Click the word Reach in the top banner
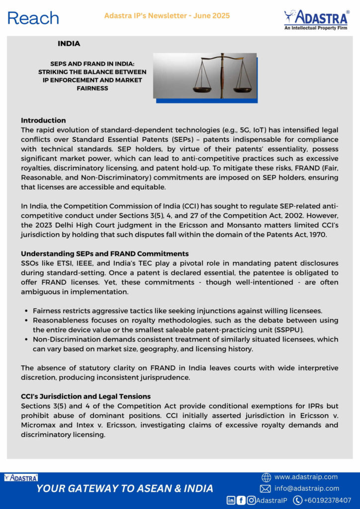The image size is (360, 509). (x=33, y=19)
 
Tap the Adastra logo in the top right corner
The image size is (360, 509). (x=316, y=20)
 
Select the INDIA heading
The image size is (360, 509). (x=69, y=44)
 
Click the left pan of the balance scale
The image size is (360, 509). (x=202, y=89)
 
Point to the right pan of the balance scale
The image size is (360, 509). (x=242, y=89)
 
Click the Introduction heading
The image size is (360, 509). (x=43, y=120)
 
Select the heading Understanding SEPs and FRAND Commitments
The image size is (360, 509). (x=104, y=254)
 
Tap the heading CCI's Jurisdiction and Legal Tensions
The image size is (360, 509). (x=86, y=396)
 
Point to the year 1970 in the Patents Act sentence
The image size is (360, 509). (x=317, y=234)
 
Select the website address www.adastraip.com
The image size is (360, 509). (x=306, y=477)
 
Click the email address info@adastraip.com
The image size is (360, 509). (x=307, y=489)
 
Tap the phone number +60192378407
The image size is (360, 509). (x=328, y=500)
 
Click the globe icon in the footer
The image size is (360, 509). (x=266, y=477)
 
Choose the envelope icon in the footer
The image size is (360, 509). (x=266, y=489)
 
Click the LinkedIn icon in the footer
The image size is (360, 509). (x=231, y=500)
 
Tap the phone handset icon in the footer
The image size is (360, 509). (x=298, y=500)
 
